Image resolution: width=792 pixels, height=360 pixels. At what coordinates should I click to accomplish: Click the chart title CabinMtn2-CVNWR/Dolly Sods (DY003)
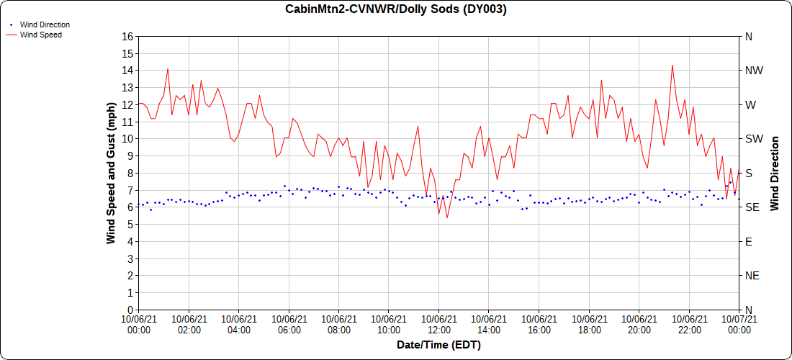[396, 9]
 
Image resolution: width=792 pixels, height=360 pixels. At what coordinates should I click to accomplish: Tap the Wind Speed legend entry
[40, 35]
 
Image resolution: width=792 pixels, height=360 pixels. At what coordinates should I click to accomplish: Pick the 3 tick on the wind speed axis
[130, 258]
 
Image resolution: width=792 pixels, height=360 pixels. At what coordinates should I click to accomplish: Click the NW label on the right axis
[754, 71]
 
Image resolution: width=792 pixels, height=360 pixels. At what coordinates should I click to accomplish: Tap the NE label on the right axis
[752, 276]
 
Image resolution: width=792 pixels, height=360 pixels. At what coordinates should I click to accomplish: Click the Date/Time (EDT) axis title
[438, 345]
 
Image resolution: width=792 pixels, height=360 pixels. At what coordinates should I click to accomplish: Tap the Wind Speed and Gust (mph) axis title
[111, 173]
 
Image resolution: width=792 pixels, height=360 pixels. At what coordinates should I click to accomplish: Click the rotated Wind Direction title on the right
[775, 173]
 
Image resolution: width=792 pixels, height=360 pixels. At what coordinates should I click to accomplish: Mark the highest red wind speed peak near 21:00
[672, 66]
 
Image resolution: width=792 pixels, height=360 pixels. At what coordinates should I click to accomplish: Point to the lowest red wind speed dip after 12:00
[447, 217]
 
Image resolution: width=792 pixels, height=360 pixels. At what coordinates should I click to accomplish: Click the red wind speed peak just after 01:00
[168, 69]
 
